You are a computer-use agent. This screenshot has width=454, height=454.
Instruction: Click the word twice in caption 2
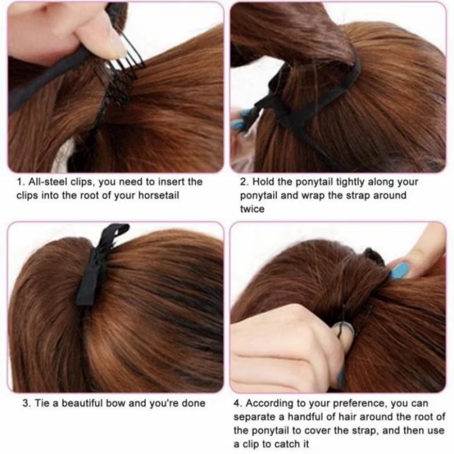click(252, 209)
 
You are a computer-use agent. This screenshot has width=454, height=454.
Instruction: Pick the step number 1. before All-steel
click(20, 181)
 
